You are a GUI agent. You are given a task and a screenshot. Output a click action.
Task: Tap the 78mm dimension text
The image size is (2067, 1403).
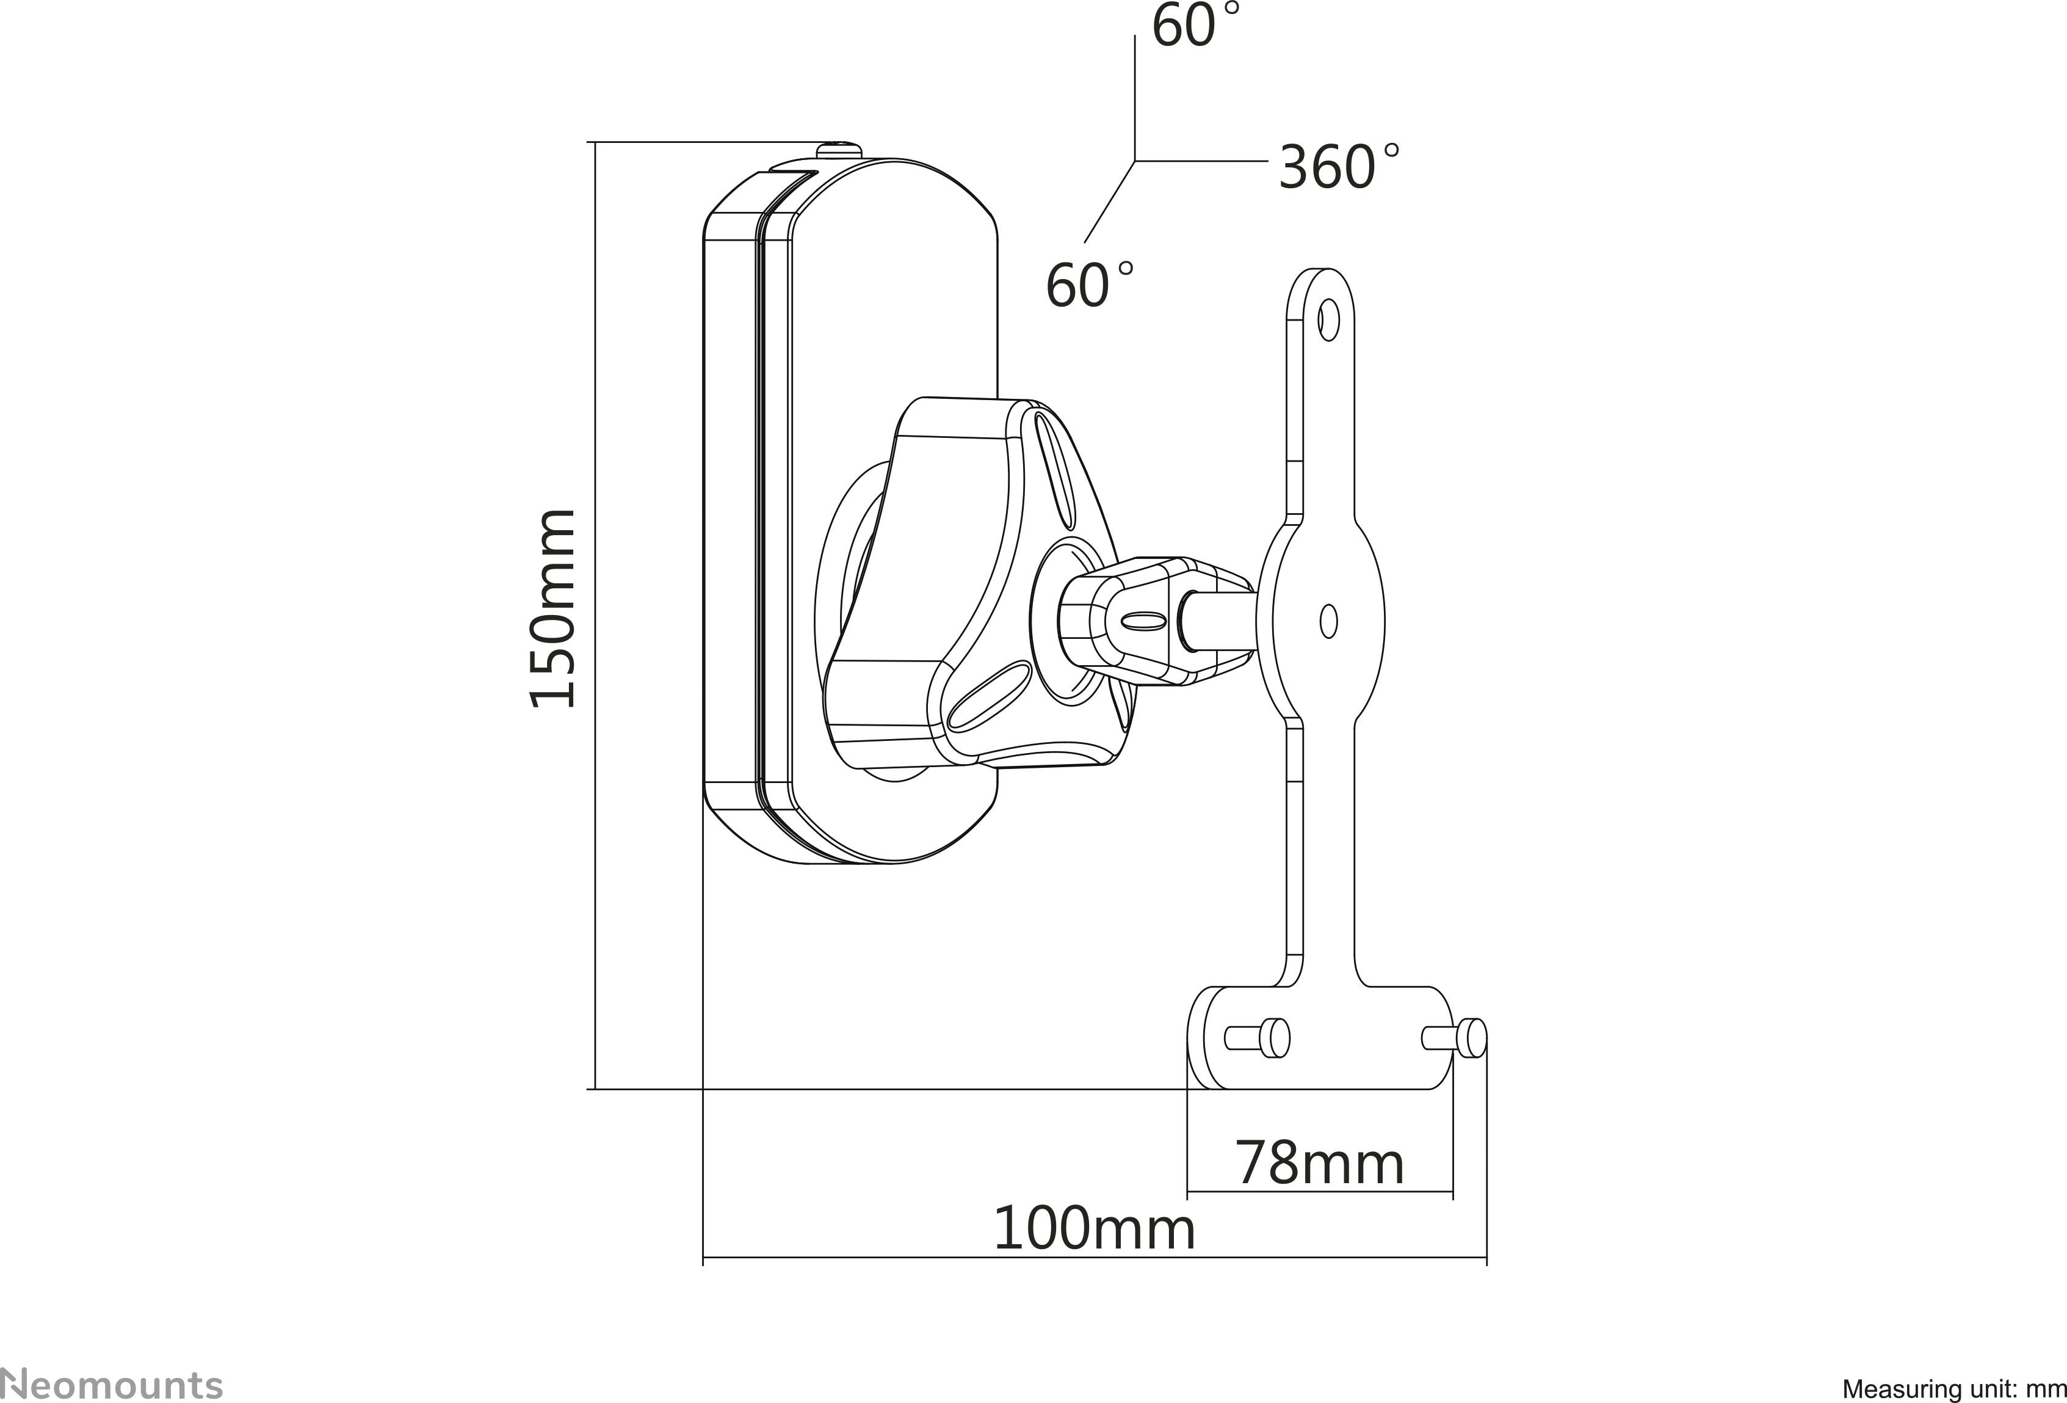1319,1163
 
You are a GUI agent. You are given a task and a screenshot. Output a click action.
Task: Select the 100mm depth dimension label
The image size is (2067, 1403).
1093,1230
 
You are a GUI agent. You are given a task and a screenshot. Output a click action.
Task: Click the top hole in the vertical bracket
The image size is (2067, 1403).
1328,319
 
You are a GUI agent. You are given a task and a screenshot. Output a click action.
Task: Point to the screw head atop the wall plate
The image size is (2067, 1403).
841,148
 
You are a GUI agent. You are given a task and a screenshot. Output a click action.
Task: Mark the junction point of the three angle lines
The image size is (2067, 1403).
1135,161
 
